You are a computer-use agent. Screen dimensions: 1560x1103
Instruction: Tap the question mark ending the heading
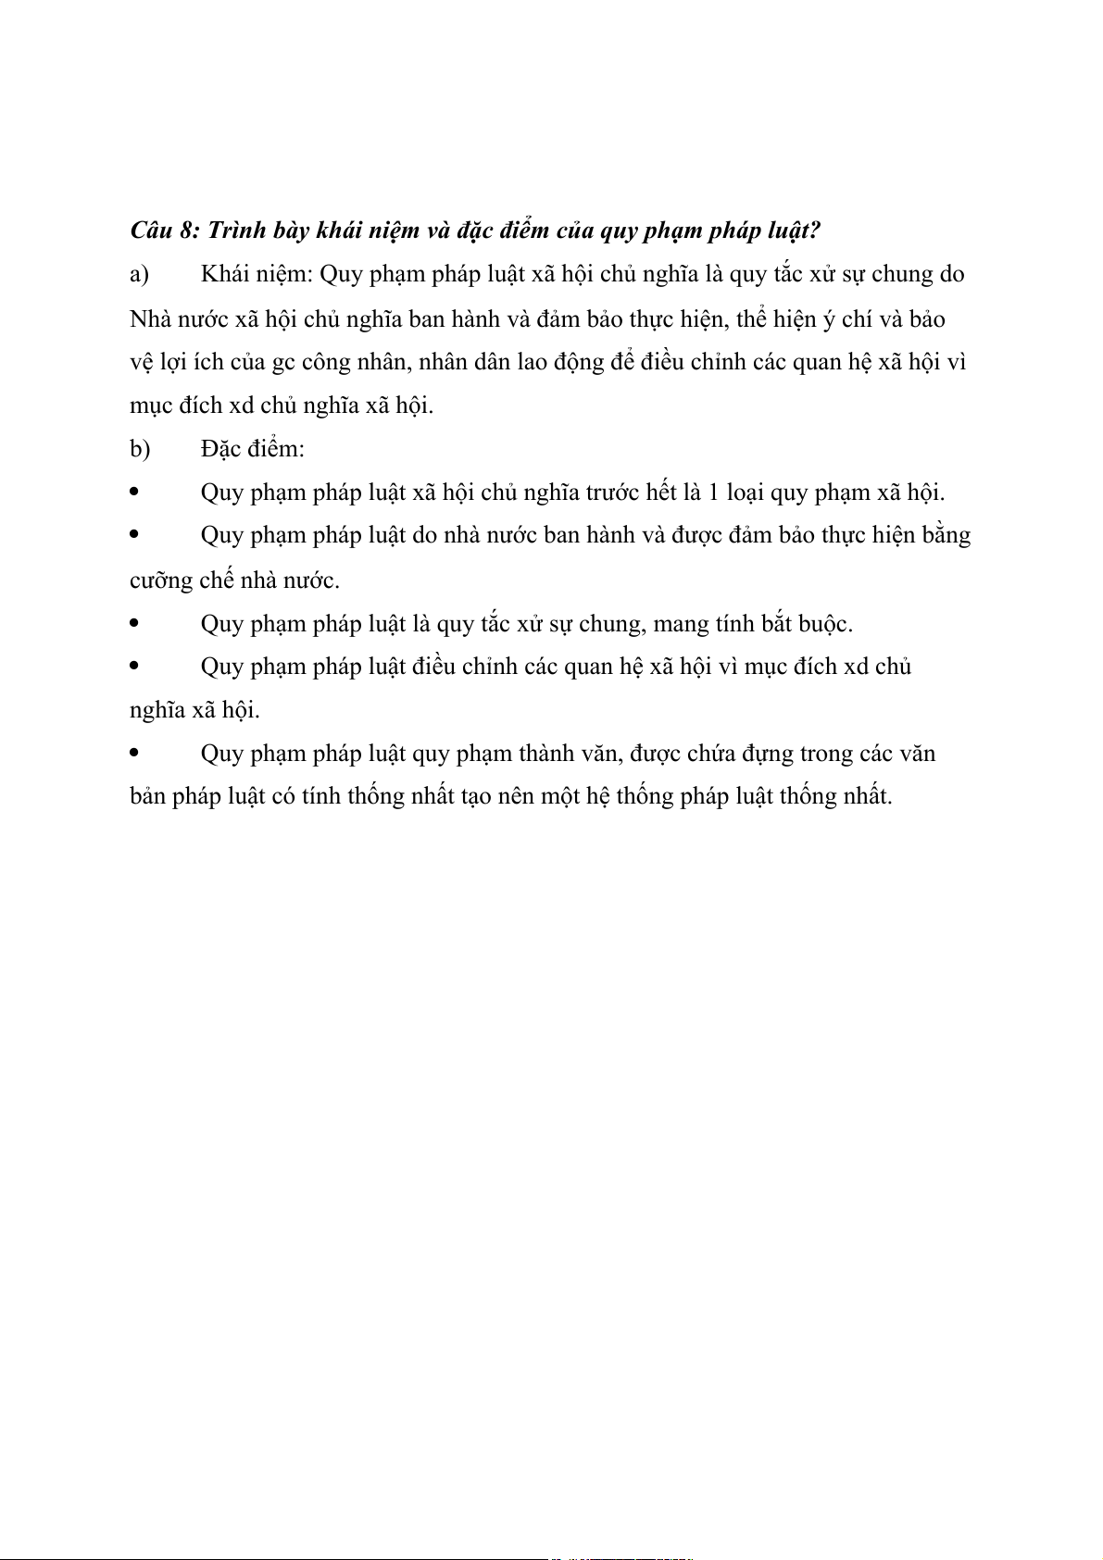pyautogui.click(x=814, y=230)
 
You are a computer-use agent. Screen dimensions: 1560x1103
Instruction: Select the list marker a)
pyautogui.click(x=140, y=274)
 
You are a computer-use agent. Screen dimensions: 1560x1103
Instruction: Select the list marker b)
pyautogui.click(x=140, y=449)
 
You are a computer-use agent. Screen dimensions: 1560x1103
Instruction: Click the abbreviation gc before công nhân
pyautogui.click(x=283, y=362)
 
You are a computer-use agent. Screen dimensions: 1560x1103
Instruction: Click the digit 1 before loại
pyautogui.click(x=713, y=492)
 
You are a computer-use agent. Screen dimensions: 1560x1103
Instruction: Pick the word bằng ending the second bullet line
pyautogui.click(x=945, y=536)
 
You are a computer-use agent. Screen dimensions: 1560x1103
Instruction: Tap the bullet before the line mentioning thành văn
pyautogui.click(x=135, y=753)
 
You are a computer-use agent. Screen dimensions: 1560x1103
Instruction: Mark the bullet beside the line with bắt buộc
pyautogui.click(x=135, y=623)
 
